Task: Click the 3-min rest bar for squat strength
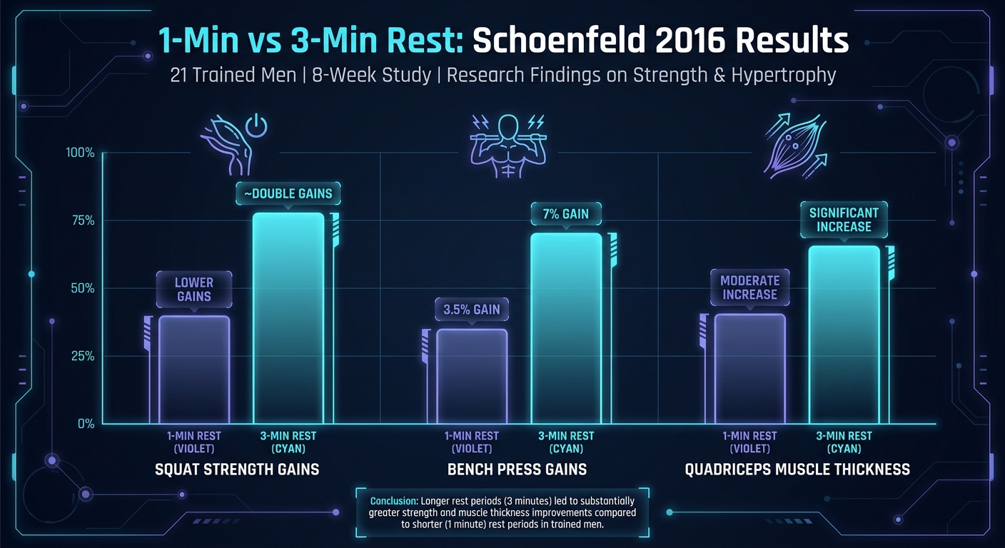[x=288, y=318]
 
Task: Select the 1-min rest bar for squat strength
[x=194, y=369]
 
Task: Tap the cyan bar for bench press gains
[x=567, y=328]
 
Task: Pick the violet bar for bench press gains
[x=472, y=376]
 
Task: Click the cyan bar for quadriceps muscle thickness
[x=844, y=335]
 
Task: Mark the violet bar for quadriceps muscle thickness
[x=749, y=369]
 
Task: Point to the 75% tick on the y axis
[x=81, y=220]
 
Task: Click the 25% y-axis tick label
[x=81, y=356]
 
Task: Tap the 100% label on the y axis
[x=79, y=153]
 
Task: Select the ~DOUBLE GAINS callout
[x=288, y=194]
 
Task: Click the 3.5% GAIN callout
[x=472, y=310]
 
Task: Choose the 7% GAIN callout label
[x=566, y=214]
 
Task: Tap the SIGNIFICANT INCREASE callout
[x=844, y=219]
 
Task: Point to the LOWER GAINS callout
[x=194, y=289]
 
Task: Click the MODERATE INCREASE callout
[x=749, y=287]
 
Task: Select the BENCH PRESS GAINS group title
[x=517, y=470]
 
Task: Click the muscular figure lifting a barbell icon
[x=507, y=146]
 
